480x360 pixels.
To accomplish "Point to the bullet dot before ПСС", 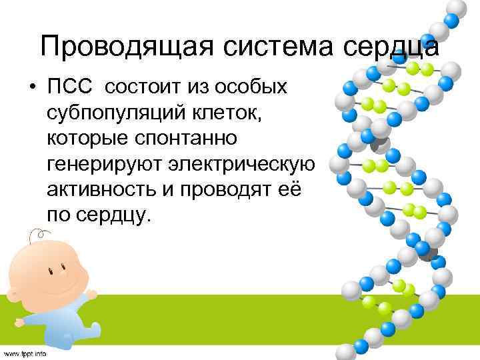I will [x=31, y=88].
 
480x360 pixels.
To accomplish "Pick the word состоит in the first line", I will [x=143, y=87].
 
